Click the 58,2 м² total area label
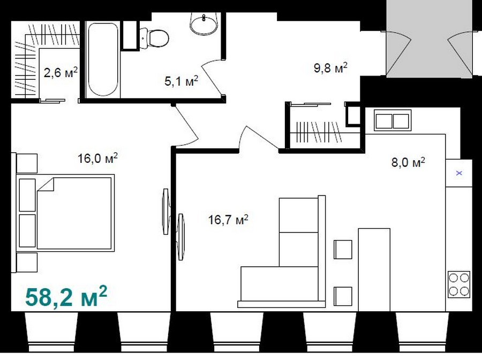pos(66,296)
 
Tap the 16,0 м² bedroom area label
pos(97,158)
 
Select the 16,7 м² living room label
pos(228,220)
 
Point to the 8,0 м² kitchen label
pos(408,162)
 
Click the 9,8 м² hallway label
pos(330,67)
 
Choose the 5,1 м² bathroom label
pos(182,81)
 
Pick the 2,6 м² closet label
pos(61,72)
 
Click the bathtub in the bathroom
pos(103,59)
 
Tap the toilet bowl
pos(155,38)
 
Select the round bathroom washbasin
pos(204,24)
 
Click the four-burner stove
pos(459,284)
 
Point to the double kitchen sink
pos(393,120)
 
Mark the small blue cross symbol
pos(459,173)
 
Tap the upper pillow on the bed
pos(27,195)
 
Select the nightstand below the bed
pos(27,262)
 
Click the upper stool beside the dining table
pos(343,249)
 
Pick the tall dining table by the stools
pos(374,269)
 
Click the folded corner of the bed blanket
pos(46,184)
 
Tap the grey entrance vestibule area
pos(429,39)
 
